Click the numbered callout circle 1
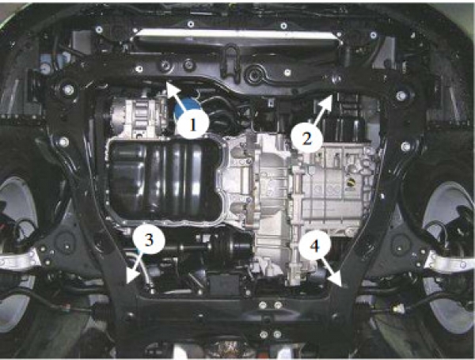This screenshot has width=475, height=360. (x=193, y=124)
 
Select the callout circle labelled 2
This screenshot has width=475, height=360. (x=306, y=138)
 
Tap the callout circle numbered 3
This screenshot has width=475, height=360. (x=149, y=240)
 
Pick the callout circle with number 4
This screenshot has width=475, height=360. (x=314, y=246)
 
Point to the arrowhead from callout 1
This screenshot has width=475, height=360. (x=172, y=88)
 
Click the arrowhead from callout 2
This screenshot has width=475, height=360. (x=327, y=100)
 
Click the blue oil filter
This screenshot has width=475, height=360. (x=185, y=108)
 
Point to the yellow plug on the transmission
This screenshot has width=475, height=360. (x=351, y=182)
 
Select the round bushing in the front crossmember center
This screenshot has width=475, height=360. (x=253, y=74)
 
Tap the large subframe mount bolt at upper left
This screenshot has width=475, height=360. (x=68, y=89)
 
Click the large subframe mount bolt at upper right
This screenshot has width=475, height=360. (x=401, y=96)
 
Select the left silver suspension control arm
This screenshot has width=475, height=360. (x=19, y=260)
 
